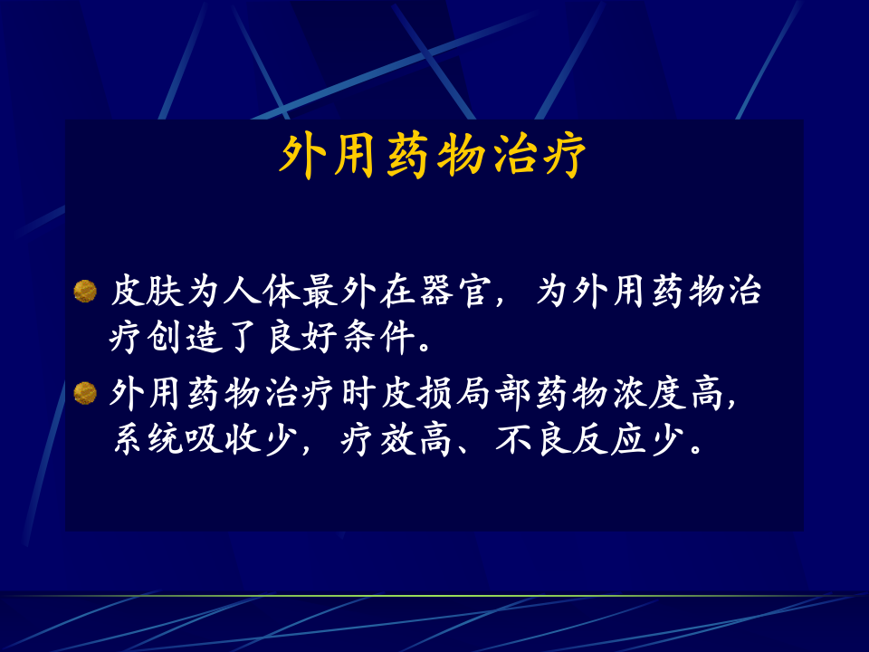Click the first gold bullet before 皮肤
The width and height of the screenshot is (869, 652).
[x=85, y=291]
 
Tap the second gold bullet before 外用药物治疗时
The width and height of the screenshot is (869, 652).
[x=85, y=392]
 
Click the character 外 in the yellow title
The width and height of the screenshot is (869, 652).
[x=301, y=157]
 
